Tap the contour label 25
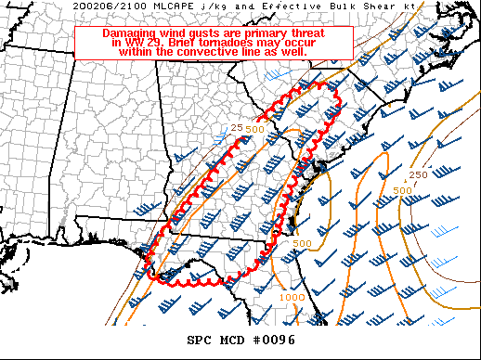point(236,127)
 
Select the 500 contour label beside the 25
point(254,129)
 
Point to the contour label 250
point(418,174)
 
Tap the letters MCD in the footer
point(234,341)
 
